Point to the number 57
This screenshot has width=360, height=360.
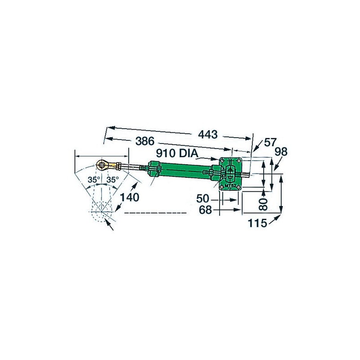coord(270,143)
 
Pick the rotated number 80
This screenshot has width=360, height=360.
coord(265,202)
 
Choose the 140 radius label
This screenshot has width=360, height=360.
coord(130,197)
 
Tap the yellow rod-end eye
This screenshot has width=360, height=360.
coord(103,165)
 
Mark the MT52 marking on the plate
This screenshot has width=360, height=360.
coord(230,186)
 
